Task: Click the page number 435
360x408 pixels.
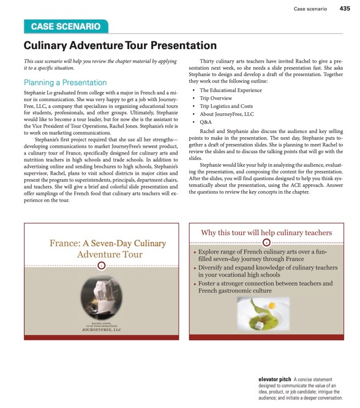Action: tap(345, 9)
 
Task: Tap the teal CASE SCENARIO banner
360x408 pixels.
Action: tap(66, 26)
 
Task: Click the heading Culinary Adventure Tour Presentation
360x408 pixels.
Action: tap(120, 46)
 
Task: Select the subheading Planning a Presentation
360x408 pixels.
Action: tap(65, 83)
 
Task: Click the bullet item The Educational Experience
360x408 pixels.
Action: tap(230, 91)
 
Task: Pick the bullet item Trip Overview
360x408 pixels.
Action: tap(216, 99)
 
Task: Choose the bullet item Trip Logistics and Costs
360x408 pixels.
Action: tap(227, 107)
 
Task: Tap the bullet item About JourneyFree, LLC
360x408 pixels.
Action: tap(227, 115)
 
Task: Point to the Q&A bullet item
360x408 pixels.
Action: tap(206, 123)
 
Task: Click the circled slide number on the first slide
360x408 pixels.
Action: tap(102, 265)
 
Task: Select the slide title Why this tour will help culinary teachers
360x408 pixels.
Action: tap(266, 233)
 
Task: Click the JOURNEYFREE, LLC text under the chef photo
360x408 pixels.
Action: tap(102, 330)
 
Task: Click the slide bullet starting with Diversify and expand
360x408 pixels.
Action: tap(268, 271)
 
